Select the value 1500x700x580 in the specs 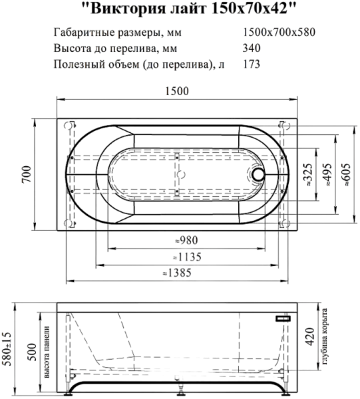279,32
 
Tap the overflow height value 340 252,48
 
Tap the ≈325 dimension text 307,175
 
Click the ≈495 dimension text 327,175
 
